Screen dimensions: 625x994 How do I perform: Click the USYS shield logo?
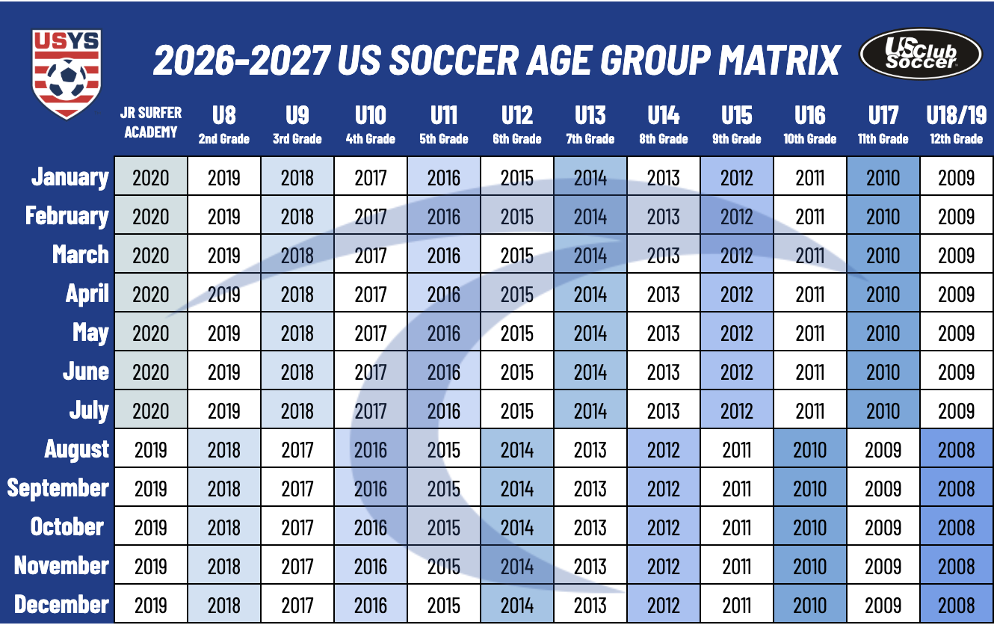(x=67, y=73)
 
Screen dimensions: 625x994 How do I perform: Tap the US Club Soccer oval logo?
(x=920, y=54)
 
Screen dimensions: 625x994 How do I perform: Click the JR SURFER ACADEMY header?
(x=150, y=123)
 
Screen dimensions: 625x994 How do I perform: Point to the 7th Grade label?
(x=590, y=139)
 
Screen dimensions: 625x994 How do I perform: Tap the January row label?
(x=70, y=177)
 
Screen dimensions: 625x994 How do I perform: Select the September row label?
(x=58, y=488)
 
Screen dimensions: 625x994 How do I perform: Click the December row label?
(x=61, y=605)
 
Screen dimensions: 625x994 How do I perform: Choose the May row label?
(x=90, y=333)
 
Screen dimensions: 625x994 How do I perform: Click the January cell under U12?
(x=517, y=178)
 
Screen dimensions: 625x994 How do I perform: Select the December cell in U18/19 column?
(x=956, y=605)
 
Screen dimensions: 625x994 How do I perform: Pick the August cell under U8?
(x=224, y=450)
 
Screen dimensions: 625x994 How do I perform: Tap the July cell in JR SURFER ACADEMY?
(x=151, y=410)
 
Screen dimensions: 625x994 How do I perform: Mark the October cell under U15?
(x=737, y=527)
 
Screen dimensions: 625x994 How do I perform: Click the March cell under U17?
(x=883, y=256)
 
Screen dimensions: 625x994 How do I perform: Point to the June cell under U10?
(x=371, y=372)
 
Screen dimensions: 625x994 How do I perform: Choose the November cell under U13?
(x=590, y=566)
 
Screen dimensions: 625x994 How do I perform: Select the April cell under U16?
(x=810, y=295)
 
